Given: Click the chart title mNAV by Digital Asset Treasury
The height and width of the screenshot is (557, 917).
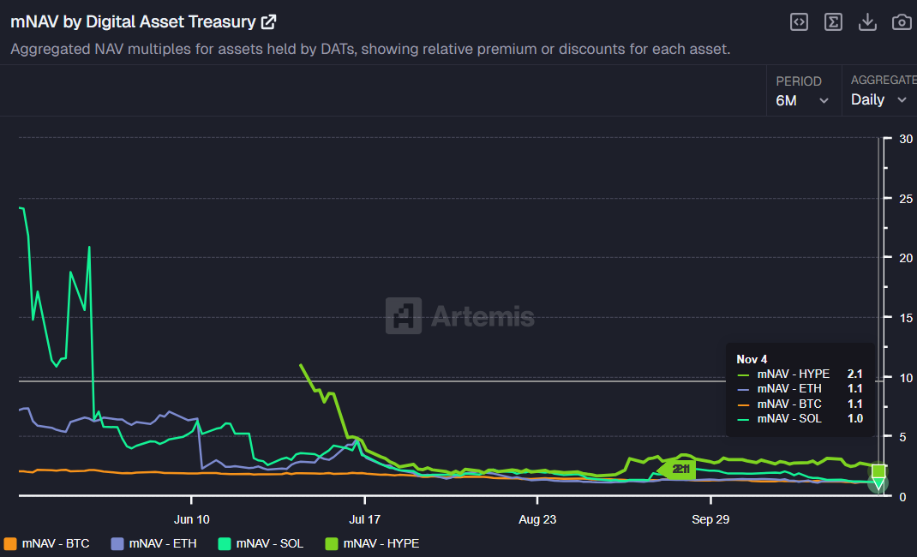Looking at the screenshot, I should pyautogui.click(x=133, y=22).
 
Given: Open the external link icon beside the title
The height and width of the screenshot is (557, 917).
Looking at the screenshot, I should pyautogui.click(x=269, y=22).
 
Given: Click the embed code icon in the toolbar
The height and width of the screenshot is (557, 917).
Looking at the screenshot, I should pyautogui.click(x=799, y=22).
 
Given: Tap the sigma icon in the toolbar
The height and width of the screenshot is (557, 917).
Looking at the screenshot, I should pyautogui.click(x=833, y=22).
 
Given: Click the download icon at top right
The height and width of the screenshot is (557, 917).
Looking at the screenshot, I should pyautogui.click(x=867, y=22).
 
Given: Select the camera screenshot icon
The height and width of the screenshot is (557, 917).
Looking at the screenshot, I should pyautogui.click(x=902, y=22).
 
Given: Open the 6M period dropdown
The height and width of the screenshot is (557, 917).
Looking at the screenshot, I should pyautogui.click(x=802, y=99).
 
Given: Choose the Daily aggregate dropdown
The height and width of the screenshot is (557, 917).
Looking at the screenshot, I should pyautogui.click(x=878, y=99).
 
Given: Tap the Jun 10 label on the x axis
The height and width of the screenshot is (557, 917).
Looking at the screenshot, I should pyautogui.click(x=191, y=519).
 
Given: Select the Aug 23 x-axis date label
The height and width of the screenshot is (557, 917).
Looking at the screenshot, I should pyautogui.click(x=536, y=519).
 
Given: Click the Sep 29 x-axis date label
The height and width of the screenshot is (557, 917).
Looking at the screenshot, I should pyautogui.click(x=710, y=519).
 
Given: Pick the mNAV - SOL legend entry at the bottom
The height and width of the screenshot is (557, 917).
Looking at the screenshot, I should pyautogui.click(x=261, y=543).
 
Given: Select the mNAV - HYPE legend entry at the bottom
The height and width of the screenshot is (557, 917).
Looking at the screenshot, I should pyautogui.click(x=373, y=543).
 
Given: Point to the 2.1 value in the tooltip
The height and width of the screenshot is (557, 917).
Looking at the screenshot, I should pyautogui.click(x=854, y=374).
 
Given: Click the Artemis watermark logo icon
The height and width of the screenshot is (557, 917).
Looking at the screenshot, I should pyautogui.click(x=403, y=315).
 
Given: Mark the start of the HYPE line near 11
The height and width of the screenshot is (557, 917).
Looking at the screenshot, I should pyautogui.click(x=301, y=365).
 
